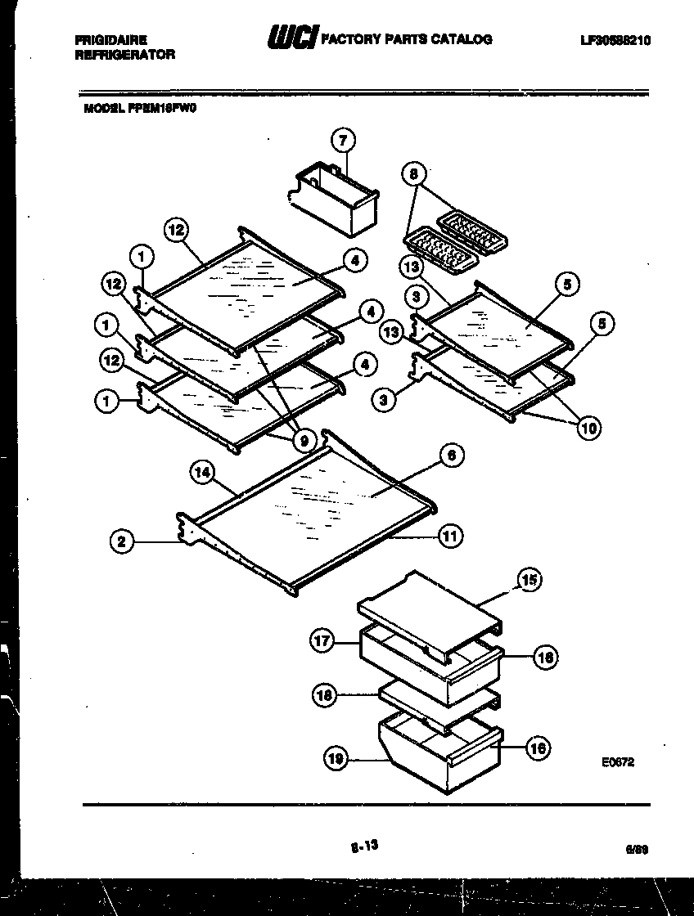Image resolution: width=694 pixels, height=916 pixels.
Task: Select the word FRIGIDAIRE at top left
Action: click(110, 39)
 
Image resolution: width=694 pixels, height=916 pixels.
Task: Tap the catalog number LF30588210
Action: click(614, 40)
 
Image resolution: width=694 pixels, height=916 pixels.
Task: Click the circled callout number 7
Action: click(342, 140)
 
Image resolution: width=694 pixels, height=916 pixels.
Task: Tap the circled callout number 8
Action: click(414, 173)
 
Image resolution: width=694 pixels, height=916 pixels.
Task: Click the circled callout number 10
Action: click(588, 426)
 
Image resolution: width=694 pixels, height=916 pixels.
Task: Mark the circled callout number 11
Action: click(450, 537)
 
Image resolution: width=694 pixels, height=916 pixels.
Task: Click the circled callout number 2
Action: click(121, 541)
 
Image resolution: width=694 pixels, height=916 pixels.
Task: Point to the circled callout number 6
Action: click(451, 456)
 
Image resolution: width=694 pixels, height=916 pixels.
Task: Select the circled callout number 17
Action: click(322, 641)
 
